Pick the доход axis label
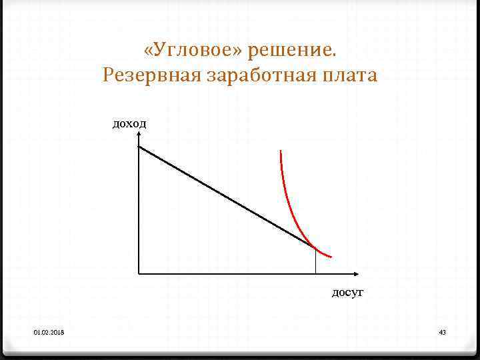tap(129, 123)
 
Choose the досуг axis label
tap(348, 292)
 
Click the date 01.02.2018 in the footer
tap(45, 332)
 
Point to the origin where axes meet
tap(138, 273)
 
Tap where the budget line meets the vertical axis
tap(139, 147)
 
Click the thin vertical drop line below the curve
tap(315, 261)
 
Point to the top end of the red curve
tap(281, 151)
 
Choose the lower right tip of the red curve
tap(331, 257)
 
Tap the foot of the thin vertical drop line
tap(315, 273)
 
